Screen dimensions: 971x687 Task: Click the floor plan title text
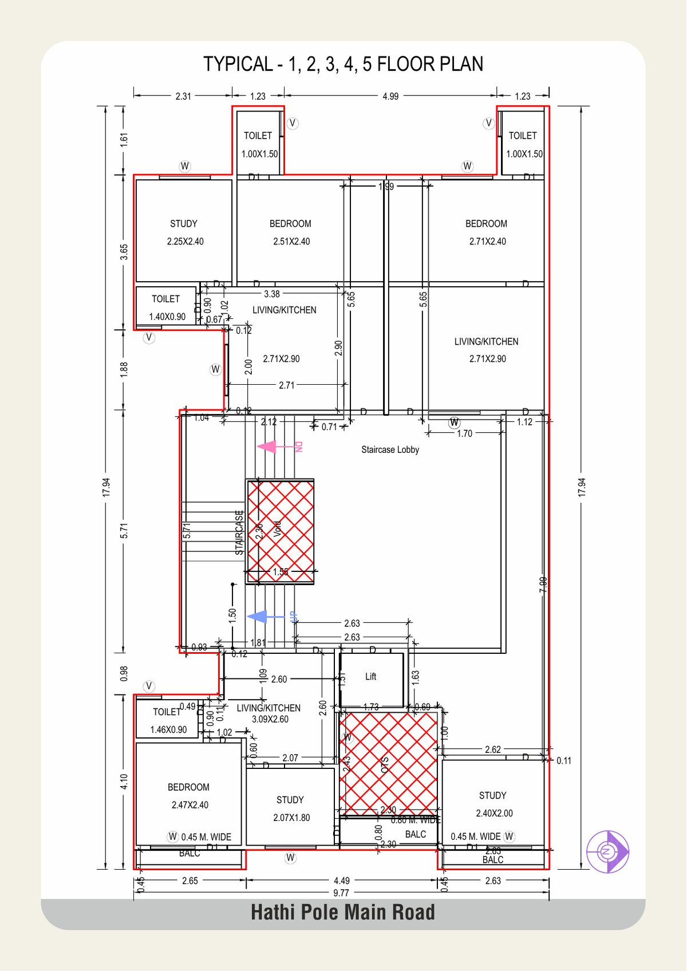[x=343, y=64]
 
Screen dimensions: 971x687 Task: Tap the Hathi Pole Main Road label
[x=342, y=912]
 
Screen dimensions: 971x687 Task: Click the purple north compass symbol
[x=608, y=851]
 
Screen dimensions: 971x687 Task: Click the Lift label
[x=371, y=677]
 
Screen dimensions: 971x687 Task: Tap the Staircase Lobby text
[x=390, y=449]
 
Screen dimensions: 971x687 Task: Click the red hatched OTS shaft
[x=388, y=763]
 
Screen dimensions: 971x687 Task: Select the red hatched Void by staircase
[x=281, y=531]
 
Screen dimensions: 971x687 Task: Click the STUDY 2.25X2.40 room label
[x=184, y=232]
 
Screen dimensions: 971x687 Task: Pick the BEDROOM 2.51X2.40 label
[x=291, y=232]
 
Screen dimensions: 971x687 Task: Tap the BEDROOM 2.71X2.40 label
[x=487, y=232]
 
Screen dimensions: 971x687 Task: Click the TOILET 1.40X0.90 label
[x=167, y=307]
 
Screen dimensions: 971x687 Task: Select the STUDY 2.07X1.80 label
[x=291, y=808]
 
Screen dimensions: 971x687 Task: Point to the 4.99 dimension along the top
[x=390, y=96]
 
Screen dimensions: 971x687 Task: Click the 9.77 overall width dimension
[x=341, y=893]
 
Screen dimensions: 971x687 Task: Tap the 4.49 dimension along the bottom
[x=342, y=881]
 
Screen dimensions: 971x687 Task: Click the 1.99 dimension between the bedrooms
[x=386, y=186]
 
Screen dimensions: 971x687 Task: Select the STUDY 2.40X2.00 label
[x=493, y=804]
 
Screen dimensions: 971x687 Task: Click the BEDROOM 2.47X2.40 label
[x=189, y=796]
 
